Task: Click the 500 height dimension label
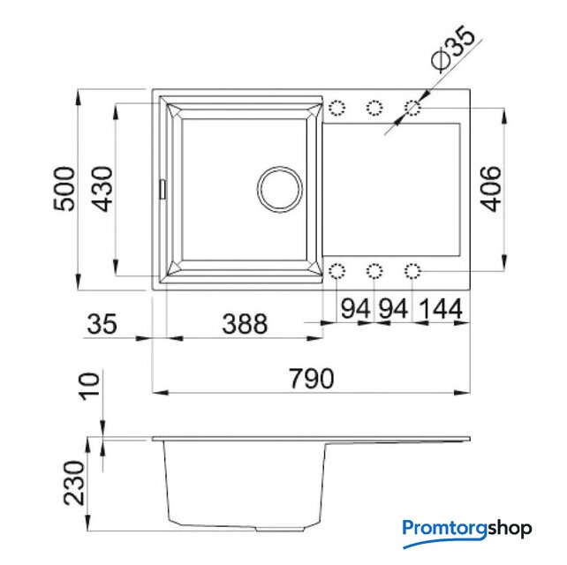(64, 189)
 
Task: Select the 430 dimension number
(102, 189)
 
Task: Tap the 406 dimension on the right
(491, 189)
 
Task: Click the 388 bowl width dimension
(245, 323)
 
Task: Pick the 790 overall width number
(311, 379)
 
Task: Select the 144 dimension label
(441, 309)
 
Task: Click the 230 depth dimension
(74, 483)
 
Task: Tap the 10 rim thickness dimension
(89, 386)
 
